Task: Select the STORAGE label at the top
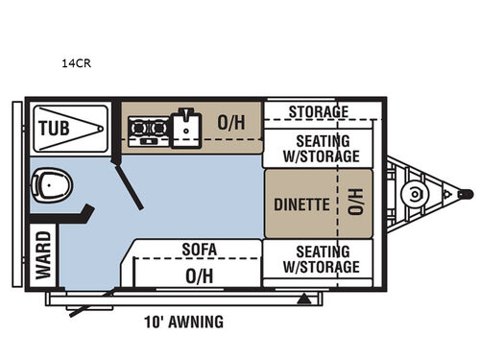pyautogui.click(x=318, y=111)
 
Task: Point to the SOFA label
pyautogui.click(x=200, y=250)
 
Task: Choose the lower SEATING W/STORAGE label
pyautogui.click(x=322, y=258)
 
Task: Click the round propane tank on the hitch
pyautogui.click(x=414, y=194)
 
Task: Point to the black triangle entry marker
pyautogui.click(x=303, y=300)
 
